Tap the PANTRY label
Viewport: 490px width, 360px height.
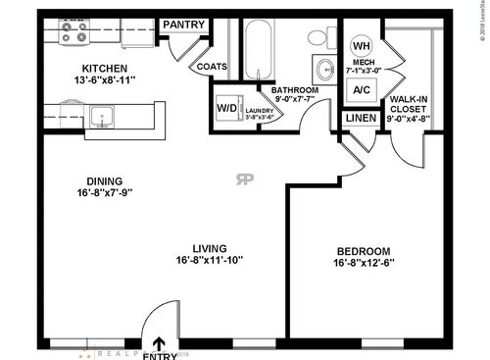tap(182, 25)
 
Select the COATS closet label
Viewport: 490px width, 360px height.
tap(212, 68)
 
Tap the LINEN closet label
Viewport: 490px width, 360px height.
tap(360, 118)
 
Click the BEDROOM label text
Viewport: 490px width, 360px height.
tap(363, 250)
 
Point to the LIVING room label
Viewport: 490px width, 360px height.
tap(209, 247)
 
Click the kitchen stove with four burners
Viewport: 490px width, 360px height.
tap(73, 33)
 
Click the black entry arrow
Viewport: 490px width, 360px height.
tap(160, 342)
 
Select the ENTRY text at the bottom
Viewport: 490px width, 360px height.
tap(160, 355)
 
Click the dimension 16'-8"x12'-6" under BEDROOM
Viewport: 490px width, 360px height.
tap(363, 263)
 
